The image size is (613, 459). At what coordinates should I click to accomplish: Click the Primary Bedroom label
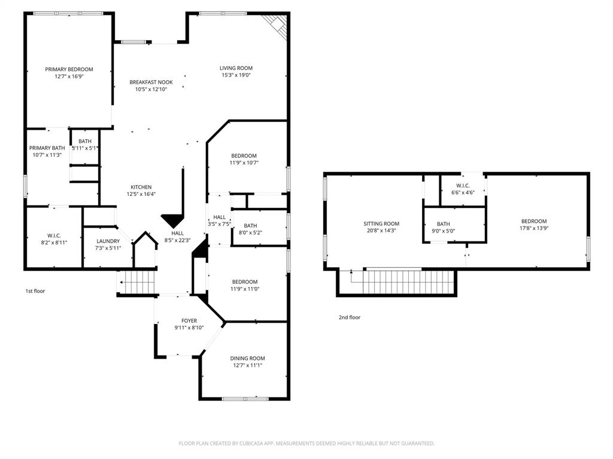pyautogui.click(x=69, y=69)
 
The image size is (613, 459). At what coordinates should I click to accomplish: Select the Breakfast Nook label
pyautogui.click(x=151, y=82)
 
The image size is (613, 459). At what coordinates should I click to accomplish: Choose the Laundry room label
pyautogui.click(x=108, y=241)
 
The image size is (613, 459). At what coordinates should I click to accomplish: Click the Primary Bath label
pyautogui.click(x=47, y=148)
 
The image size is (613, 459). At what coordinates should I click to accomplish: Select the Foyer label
pyautogui.click(x=189, y=321)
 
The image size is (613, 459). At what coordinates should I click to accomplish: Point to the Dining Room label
pyautogui.click(x=247, y=358)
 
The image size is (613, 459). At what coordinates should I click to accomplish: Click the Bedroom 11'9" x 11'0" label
pyautogui.click(x=245, y=282)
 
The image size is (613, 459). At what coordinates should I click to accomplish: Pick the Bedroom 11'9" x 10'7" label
pyautogui.click(x=244, y=156)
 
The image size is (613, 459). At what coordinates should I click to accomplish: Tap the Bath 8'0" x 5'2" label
pyautogui.click(x=250, y=225)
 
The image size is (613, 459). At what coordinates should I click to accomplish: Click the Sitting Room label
pyautogui.click(x=381, y=224)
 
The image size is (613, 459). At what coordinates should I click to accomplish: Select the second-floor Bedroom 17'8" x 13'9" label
pyautogui.click(x=533, y=221)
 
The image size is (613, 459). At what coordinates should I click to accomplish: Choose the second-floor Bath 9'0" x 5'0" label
pyautogui.click(x=444, y=224)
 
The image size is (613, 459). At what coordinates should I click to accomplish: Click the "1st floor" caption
pyautogui.click(x=35, y=291)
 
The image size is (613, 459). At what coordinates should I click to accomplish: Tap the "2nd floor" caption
pyautogui.click(x=350, y=317)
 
